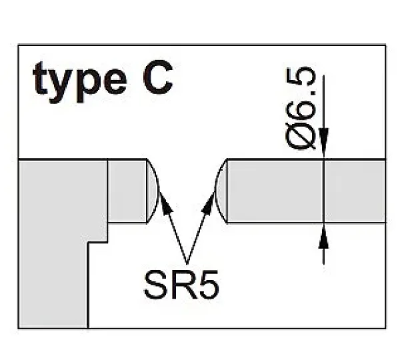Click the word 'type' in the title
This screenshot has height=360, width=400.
tap(80, 81)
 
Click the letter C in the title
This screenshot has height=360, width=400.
tap(158, 77)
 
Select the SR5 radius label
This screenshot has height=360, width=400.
tap(181, 285)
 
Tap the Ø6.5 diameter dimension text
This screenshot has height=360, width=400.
tap(301, 108)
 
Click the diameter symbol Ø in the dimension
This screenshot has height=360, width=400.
tap(301, 136)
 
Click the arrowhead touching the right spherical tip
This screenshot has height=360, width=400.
tap(209, 203)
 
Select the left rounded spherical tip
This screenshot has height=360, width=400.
tap(153, 191)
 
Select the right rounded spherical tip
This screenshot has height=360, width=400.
tap(221, 191)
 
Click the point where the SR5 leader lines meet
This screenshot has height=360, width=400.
tap(187, 264)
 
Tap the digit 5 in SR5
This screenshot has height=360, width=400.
tap(209, 285)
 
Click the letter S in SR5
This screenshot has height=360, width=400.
tap(155, 285)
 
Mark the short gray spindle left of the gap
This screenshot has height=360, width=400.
tap(127, 191)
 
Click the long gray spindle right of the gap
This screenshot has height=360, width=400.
tap(306, 191)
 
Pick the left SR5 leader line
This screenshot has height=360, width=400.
tap(173, 227)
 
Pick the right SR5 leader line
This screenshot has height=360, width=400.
tap(201, 227)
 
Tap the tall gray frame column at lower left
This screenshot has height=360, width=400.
tap(53, 243)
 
